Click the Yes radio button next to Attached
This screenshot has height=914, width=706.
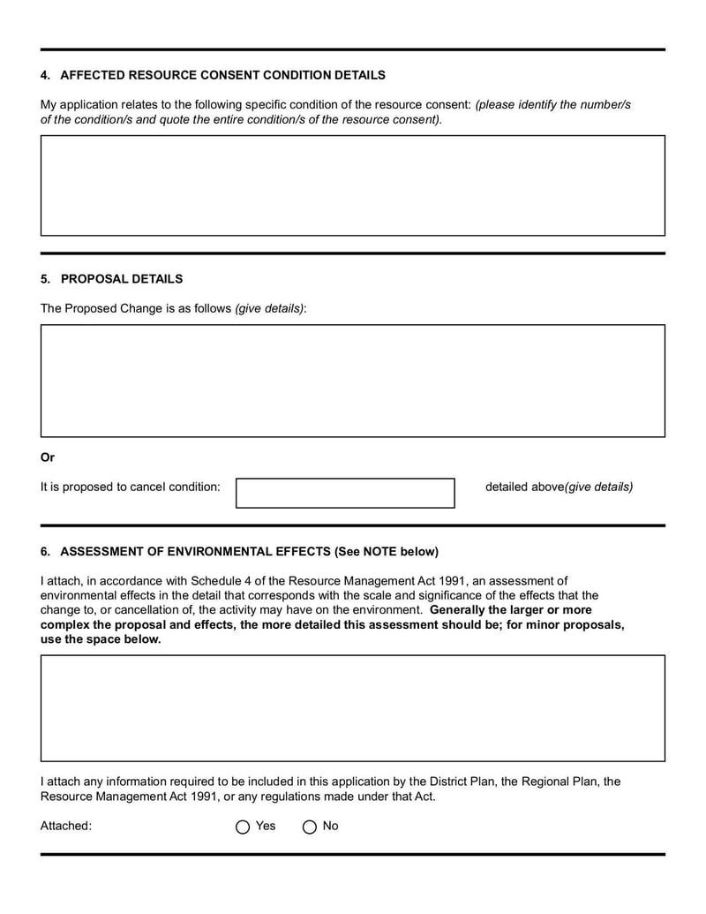(243, 827)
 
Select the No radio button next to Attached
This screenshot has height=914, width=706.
(310, 827)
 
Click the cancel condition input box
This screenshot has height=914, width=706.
(345, 493)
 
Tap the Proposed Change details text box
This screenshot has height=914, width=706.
(352, 381)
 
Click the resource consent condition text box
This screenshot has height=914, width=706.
(352, 185)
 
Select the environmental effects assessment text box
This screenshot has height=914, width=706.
(352, 708)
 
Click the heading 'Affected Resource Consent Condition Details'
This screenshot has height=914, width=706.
(222, 75)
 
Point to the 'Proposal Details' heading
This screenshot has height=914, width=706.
(122, 279)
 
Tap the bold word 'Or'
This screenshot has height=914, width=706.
(48, 457)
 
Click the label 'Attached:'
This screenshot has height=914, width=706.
(66, 827)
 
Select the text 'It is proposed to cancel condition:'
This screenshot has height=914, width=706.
(131, 487)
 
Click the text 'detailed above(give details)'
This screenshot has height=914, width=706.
(559, 487)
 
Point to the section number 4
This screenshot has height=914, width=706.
(44, 75)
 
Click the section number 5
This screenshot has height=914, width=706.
(44, 279)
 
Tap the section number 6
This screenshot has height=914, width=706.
(44, 552)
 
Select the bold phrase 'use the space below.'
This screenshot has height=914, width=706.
(101, 639)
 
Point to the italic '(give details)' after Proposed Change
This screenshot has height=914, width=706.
(269, 309)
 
